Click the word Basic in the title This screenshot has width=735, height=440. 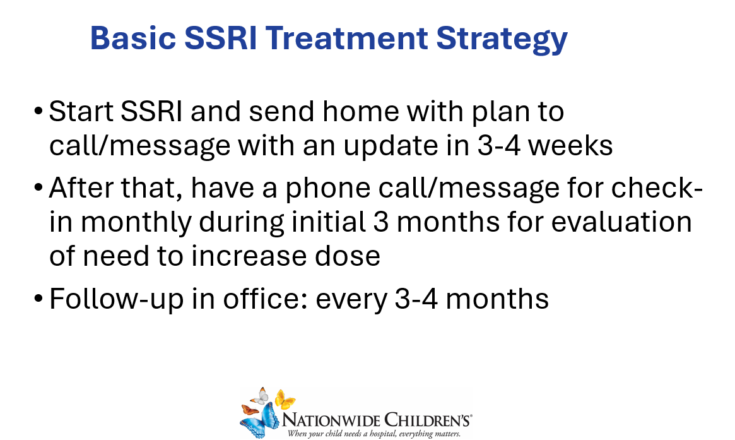coord(132,38)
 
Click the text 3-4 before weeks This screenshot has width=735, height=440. coord(499,145)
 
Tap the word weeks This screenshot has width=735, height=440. coord(570,145)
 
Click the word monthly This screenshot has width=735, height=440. coord(136,223)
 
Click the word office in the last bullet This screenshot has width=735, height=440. coord(265,299)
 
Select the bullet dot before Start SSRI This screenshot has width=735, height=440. coord(38,112)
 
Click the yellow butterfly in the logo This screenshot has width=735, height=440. coord(285,399)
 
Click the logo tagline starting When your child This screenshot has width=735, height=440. coord(373,434)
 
